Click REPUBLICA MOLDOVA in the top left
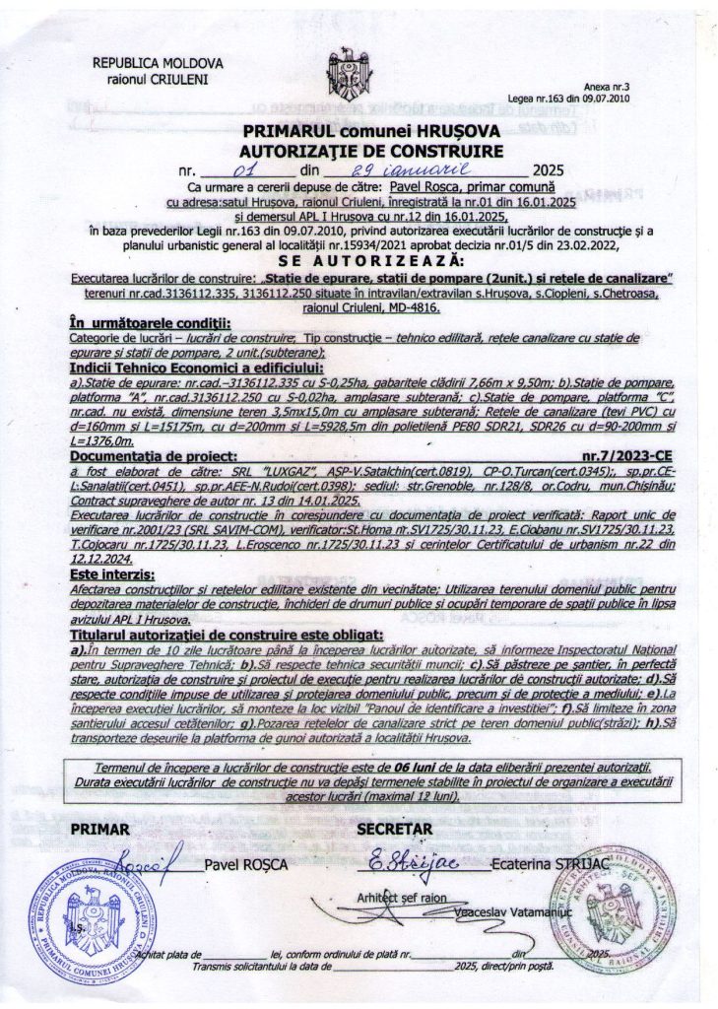click(x=158, y=62)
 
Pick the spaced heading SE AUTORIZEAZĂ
click(x=369, y=259)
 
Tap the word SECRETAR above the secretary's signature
click(x=396, y=829)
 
